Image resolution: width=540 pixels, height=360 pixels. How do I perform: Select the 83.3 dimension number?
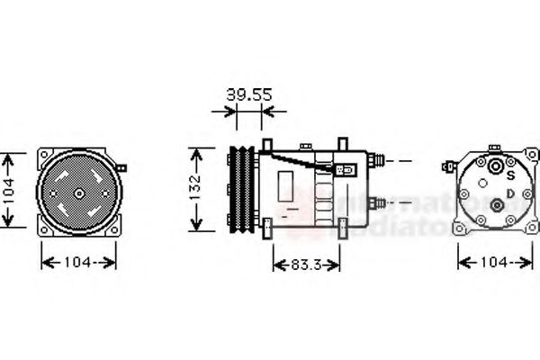coord(306,265)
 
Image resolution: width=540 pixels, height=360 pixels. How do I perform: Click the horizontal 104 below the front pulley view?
coord(79,262)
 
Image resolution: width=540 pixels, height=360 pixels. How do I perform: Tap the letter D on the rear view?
coord(510,192)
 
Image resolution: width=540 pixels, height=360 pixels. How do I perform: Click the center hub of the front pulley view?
coord(79,192)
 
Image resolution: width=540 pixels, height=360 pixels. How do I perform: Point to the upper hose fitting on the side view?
coord(379,161)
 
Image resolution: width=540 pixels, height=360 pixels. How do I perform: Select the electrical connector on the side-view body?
coord(345,168)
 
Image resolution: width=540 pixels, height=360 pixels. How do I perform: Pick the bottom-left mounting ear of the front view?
coord(42,230)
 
